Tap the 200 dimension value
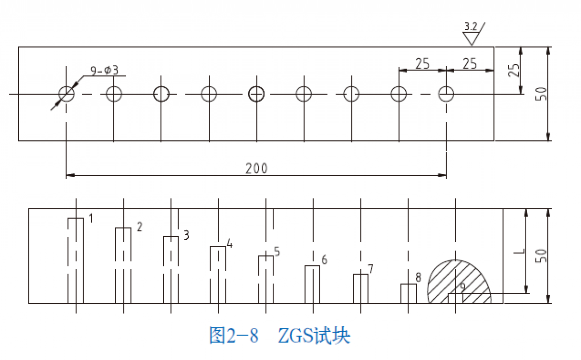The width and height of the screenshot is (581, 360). (x=256, y=168)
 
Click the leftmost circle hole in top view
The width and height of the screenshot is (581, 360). (x=66, y=94)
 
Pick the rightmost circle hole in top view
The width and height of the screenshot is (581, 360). (x=446, y=94)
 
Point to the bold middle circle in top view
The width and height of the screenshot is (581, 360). (x=256, y=94)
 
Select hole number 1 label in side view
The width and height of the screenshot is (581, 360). (x=90, y=218)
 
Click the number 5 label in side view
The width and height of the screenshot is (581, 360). (x=277, y=251)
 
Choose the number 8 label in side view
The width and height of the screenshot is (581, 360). (x=418, y=277)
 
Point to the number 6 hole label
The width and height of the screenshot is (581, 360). (x=324, y=260)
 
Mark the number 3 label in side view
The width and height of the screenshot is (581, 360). (x=186, y=235)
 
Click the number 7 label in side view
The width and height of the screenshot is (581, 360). (x=371, y=268)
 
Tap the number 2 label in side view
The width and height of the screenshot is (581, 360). (x=139, y=227)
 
